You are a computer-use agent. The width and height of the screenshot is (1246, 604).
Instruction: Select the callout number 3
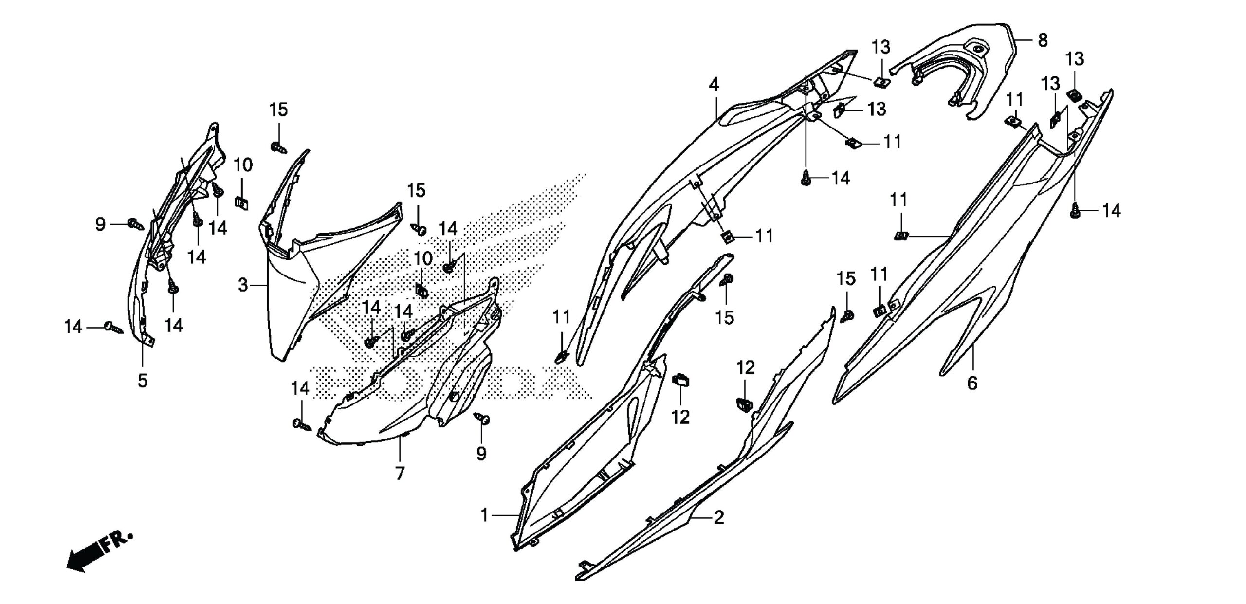point(243,285)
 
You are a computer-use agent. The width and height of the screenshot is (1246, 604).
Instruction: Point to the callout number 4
point(714,85)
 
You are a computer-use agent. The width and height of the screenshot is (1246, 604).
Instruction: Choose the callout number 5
point(142,380)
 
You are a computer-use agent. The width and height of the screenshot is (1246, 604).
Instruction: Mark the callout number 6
point(972,384)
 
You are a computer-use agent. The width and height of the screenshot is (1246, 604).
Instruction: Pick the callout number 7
point(400,473)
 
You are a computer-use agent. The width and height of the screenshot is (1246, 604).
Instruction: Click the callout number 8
point(1043,40)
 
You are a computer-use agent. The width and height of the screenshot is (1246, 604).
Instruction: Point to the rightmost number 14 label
point(1112,211)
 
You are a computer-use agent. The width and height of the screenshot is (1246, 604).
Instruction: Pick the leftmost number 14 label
point(73,327)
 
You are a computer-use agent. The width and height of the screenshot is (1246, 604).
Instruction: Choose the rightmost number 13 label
point(1075,59)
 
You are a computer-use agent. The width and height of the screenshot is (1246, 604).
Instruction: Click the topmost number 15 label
point(279,110)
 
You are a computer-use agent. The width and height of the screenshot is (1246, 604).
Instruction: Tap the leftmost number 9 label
point(100,224)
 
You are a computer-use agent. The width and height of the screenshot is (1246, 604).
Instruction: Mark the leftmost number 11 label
point(561,318)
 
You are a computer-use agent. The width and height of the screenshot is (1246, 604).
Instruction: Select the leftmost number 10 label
point(243,165)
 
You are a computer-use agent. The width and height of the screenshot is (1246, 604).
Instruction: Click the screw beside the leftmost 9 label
point(134,224)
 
